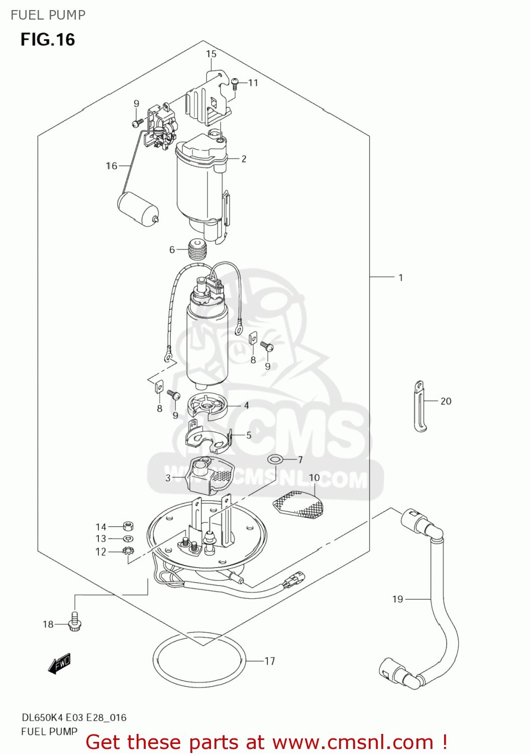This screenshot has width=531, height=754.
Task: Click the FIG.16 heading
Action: (x=48, y=40)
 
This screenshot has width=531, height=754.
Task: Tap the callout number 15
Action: (x=211, y=54)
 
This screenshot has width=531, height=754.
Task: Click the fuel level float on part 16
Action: (x=138, y=208)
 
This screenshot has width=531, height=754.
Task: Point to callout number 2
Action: (x=244, y=159)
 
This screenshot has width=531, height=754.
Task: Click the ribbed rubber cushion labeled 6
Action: (x=197, y=250)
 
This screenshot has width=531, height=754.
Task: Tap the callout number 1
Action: (x=400, y=277)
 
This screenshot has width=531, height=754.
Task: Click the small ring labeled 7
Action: (x=275, y=459)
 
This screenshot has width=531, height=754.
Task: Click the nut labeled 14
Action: (x=128, y=526)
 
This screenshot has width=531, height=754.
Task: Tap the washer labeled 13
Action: (x=128, y=539)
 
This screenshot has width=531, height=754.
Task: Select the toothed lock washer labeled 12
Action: (x=128, y=551)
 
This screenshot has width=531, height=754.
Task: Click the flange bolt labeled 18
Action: (x=75, y=622)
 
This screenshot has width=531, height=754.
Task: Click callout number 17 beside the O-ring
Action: (x=270, y=661)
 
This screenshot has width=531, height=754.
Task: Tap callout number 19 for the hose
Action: (x=397, y=599)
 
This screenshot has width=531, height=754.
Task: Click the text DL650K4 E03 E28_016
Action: (x=73, y=718)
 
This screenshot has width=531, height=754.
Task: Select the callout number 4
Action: (x=246, y=406)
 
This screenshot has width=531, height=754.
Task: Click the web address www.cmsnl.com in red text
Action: (x=353, y=742)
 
